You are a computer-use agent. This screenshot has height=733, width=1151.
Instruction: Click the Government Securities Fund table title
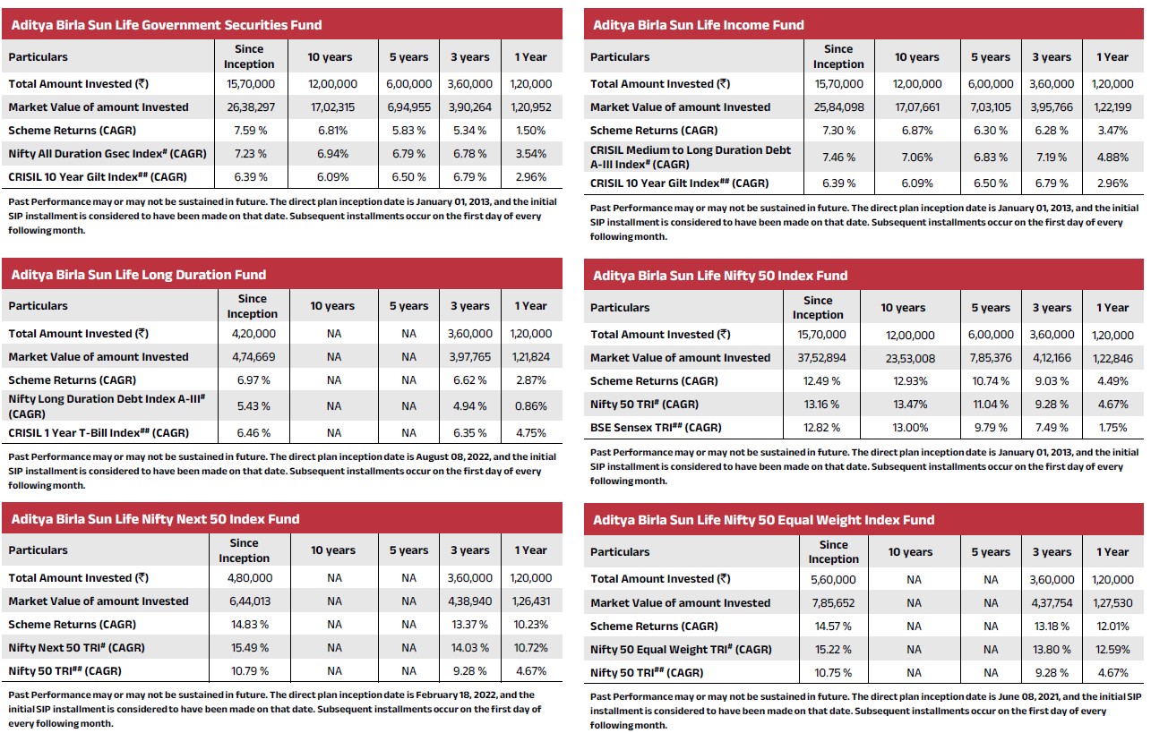pyautogui.click(x=167, y=25)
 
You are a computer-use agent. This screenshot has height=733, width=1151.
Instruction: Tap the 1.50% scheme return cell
pyautogui.click(x=531, y=131)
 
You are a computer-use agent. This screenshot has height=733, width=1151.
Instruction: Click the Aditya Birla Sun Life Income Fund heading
pyautogui.click(x=699, y=25)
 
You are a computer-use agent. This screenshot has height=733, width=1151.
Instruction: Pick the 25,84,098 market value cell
pyautogui.click(x=838, y=107)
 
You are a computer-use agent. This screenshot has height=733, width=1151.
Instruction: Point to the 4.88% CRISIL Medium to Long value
pyautogui.click(x=1112, y=158)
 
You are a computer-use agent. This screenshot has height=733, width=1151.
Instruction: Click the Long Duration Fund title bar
pyautogui.click(x=139, y=275)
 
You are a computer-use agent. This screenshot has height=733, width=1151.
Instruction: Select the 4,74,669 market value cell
pyautogui.click(x=253, y=357)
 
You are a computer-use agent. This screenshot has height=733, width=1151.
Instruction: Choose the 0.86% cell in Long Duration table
pyautogui.click(x=531, y=406)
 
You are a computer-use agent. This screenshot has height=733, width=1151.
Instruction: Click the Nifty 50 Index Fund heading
pyautogui.click(x=720, y=276)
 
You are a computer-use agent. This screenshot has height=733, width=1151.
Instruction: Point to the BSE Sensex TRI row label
pyautogui.click(x=656, y=428)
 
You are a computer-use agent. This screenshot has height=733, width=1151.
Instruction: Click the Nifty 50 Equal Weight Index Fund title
pyautogui.click(x=763, y=520)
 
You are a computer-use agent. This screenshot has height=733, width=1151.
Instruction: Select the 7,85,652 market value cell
pyautogui.click(x=833, y=603)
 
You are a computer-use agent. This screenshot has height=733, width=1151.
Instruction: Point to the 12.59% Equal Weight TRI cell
pyautogui.click(x=1112, y=650)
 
